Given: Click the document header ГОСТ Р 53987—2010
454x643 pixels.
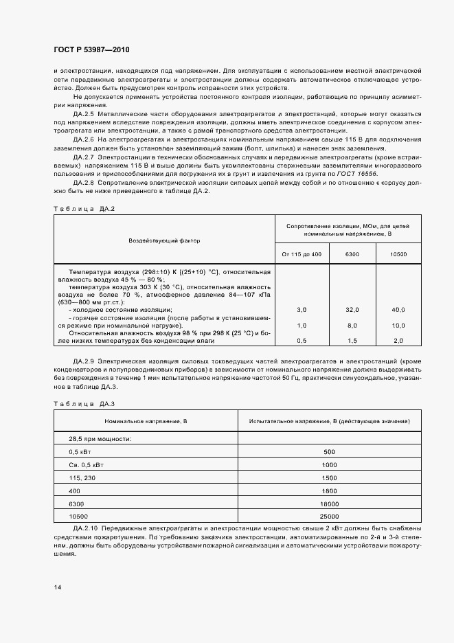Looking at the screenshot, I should (x=91, y=50).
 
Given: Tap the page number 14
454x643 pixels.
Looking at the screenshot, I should (x=57, y=587).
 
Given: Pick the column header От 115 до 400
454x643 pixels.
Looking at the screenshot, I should (x=302, y=254).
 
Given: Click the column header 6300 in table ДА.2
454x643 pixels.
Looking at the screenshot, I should (x=352, y=254).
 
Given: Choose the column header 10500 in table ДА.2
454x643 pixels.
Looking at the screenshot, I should (x=398, y=254).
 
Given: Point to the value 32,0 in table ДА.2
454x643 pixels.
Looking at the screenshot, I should (x=352, y=311).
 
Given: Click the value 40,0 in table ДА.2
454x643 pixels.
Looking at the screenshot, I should (x=398, y=311).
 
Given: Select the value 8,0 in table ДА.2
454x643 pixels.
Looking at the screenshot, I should (x=352, y=326).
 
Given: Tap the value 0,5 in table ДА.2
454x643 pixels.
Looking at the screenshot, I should (x=302, y=341).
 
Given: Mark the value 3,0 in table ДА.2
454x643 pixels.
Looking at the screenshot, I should (x=302, y=311).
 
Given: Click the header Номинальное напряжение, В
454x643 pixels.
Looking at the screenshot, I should (x=145, y=420).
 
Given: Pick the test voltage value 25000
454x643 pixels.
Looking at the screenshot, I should (x=329, y=516).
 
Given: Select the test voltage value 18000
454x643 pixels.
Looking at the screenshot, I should (x=329, y=504).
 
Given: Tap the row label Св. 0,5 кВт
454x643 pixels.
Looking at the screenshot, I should (x=85, y=464).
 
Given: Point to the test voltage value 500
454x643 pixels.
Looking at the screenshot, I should (x=329, y=451).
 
